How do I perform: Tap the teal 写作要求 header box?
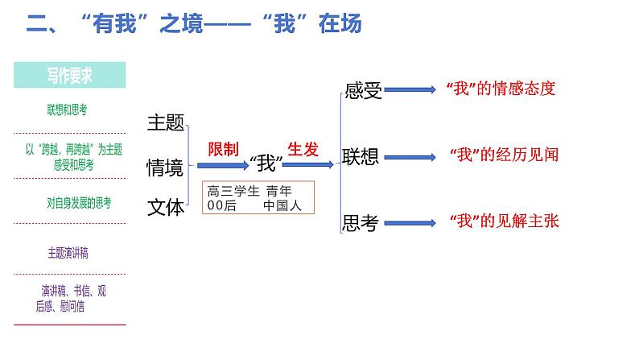(70, 76)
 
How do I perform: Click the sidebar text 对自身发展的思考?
(79, 203)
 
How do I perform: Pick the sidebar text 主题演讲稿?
(68, 252)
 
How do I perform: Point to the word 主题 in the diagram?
(166, 123)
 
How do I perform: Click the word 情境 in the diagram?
(165, 168)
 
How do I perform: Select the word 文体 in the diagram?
(166, 207)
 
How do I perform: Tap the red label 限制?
(223, 149)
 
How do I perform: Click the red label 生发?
(303, 149)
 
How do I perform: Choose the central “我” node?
(265, 164)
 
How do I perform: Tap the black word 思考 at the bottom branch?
(360, 224)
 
